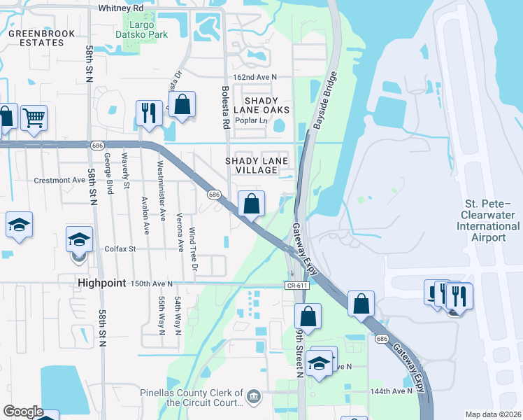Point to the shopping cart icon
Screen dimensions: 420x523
pos(33,118)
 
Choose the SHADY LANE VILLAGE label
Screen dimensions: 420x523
pos(256,165)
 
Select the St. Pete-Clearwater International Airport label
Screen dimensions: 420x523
pos(488,220)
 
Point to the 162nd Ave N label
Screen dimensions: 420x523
pos(255,76)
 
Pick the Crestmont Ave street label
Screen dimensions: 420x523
pos(59,180)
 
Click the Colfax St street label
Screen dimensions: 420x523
pos(119,248)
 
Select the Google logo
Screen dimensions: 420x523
pos(23,412)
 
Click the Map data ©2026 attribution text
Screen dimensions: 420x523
pos(493,414)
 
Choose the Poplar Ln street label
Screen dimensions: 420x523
pos(254,120)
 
